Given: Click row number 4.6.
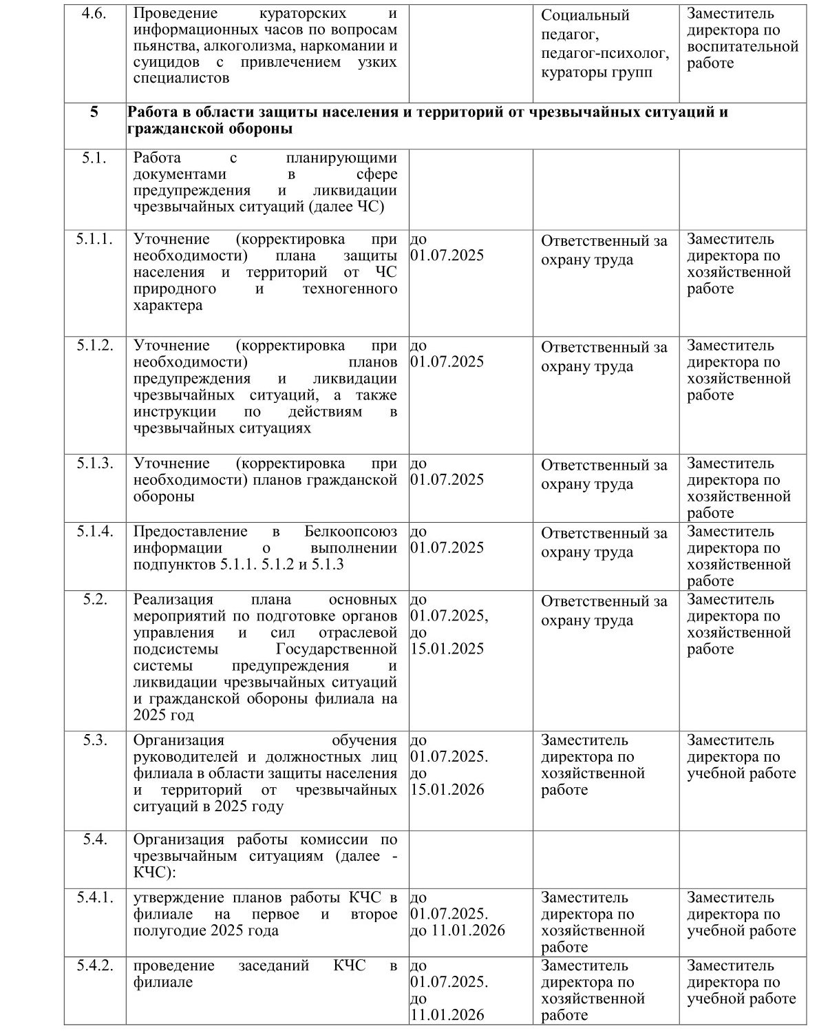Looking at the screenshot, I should [94, 13].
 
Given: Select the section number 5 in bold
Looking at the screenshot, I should [94, 112].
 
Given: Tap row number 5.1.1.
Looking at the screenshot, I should [95, 239].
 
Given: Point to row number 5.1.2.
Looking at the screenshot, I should [95, 345].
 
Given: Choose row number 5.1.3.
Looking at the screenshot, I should [95, 463].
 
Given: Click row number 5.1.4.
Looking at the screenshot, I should [95, 531].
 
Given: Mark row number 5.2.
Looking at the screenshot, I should [95, 599].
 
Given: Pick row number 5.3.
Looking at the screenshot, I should [95, 740].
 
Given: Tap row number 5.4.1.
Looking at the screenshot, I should [95, 897].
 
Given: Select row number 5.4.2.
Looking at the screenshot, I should [95, 966].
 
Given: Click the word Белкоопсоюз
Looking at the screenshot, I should [351, 531].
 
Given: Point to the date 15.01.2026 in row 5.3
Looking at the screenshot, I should [447, 790].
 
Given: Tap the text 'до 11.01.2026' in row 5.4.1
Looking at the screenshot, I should [458, 930].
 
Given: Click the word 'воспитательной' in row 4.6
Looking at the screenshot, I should [743, 47].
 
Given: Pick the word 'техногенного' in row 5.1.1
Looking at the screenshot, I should [350, 289].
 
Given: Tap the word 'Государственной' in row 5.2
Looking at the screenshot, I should [337, 649].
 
